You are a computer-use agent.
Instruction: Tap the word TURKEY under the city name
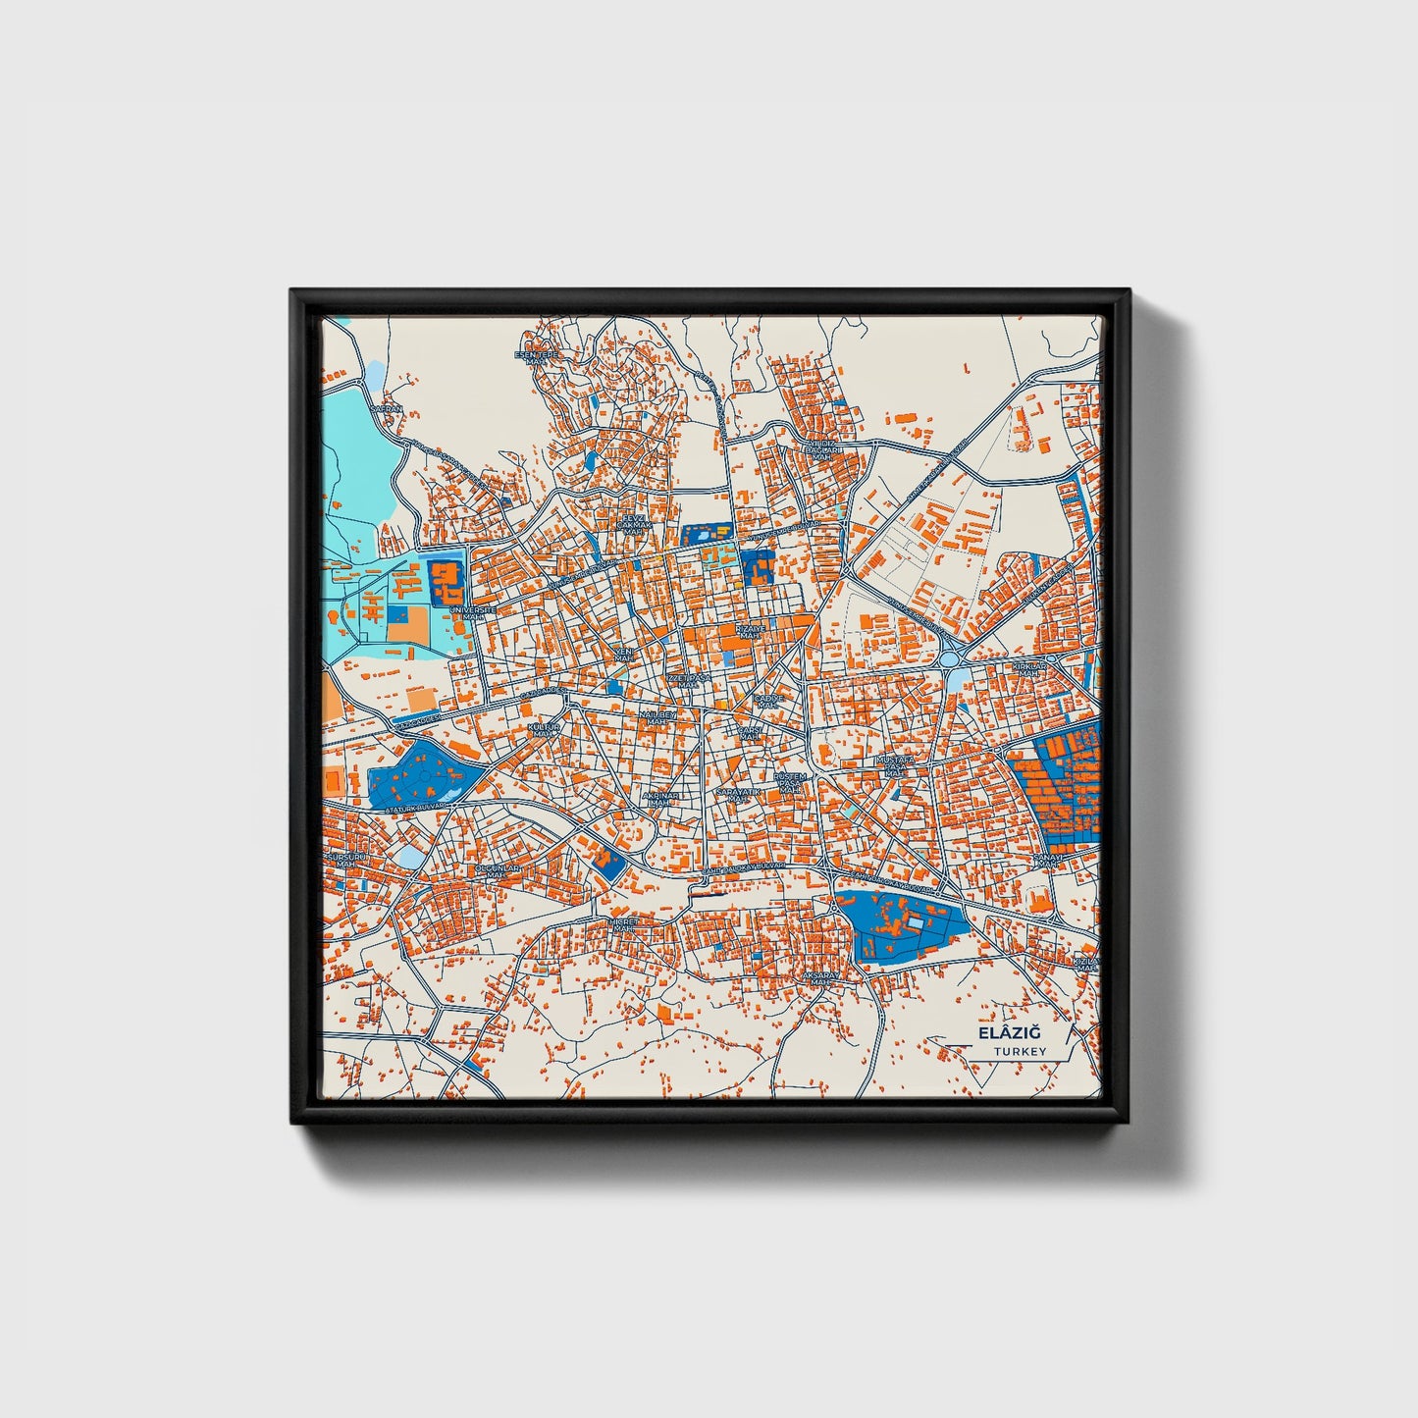coord(1019,1052)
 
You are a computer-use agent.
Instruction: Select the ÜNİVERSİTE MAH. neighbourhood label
coord(472,613)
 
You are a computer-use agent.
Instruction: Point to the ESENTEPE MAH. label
coord(536,357)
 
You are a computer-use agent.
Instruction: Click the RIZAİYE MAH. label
coord(750,631)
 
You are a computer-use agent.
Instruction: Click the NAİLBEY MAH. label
coord(657,718)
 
